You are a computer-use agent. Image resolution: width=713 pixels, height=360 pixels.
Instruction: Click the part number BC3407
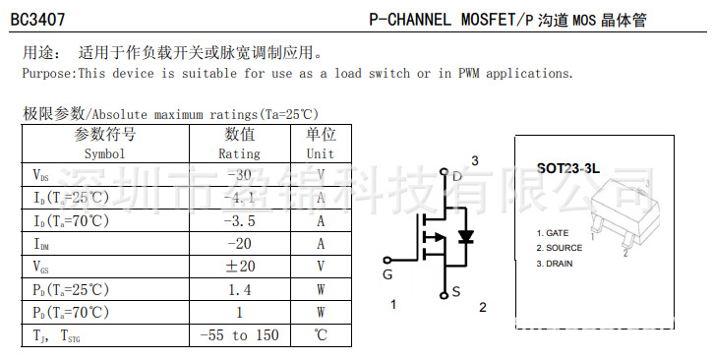point(34,20)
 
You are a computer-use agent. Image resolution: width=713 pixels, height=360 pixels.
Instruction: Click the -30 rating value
point(239,175)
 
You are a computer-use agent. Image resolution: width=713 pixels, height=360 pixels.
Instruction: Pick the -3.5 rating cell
point(239,220)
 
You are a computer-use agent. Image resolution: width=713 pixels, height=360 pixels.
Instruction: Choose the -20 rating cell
point(239,244)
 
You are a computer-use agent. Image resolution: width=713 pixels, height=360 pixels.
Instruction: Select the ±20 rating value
point(239,267)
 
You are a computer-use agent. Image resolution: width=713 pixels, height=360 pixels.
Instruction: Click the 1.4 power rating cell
point(239,289)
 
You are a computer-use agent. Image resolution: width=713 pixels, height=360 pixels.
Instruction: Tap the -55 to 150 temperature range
point(239,335)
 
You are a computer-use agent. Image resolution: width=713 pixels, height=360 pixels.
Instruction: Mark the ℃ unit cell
point(321,335)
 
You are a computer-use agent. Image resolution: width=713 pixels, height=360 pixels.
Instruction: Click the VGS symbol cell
point(41,267)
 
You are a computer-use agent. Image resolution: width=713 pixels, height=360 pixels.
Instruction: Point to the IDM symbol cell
point(41,244)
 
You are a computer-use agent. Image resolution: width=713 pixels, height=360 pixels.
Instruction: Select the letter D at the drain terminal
point(456,177)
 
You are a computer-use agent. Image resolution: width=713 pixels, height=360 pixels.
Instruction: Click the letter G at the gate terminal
point(387,274)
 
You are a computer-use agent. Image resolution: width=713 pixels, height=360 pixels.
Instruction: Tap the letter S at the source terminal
point(456,291)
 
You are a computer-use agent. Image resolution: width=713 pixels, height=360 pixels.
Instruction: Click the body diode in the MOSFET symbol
point(467,236)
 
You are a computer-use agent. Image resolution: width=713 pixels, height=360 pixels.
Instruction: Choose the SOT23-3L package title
point(567,168)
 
